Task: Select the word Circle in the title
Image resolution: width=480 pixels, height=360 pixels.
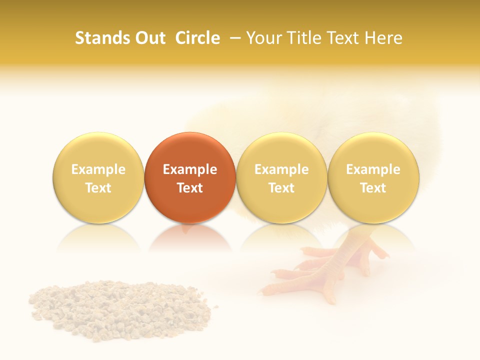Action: click(197, 38)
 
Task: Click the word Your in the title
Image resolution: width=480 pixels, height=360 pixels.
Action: click(263, 38)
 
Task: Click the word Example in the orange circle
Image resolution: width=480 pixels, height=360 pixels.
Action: click(190, 169)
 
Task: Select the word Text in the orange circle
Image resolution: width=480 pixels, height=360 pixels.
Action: click(190, 188)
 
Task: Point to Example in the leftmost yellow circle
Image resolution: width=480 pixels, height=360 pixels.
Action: click(98, 169)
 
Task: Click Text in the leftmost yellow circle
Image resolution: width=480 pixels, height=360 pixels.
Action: click(98, 188)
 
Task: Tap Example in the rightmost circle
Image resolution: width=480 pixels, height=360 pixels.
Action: click(373, 169)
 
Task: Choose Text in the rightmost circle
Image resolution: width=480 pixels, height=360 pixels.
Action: click(373, 188)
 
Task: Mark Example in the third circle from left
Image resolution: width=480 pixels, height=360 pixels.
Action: click(281, 169)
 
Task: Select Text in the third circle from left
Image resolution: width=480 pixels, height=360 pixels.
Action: click(281, 188)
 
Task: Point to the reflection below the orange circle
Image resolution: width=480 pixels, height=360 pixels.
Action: click(190, 237)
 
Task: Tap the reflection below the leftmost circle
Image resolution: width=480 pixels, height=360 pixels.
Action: click(98, 237)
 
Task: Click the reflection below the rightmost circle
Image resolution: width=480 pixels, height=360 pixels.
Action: click(373, 237)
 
